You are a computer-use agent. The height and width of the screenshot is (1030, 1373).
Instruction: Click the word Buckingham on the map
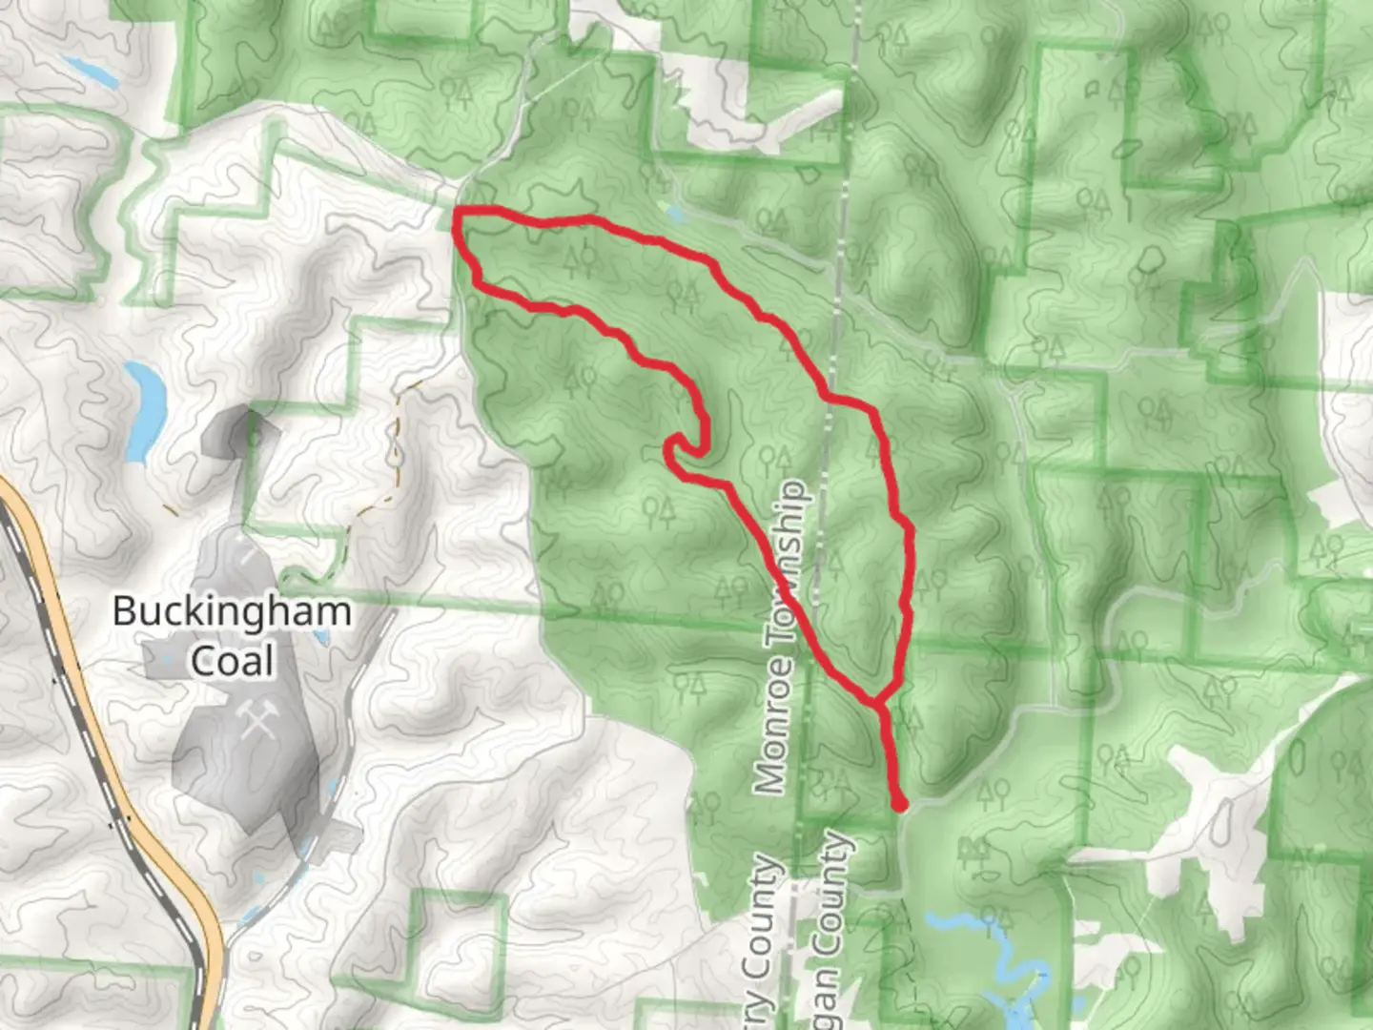[232, 611]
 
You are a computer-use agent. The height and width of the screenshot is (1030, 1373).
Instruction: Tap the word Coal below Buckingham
[233, 660]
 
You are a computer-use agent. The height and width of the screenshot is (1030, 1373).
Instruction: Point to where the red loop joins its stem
[875, 704]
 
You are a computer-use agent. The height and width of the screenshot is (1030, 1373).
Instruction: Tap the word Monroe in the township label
[772, 725]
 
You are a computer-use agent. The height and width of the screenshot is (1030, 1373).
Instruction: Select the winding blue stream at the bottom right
[1011, 963]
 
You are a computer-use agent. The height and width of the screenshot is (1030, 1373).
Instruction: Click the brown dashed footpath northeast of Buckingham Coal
[393, 448]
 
